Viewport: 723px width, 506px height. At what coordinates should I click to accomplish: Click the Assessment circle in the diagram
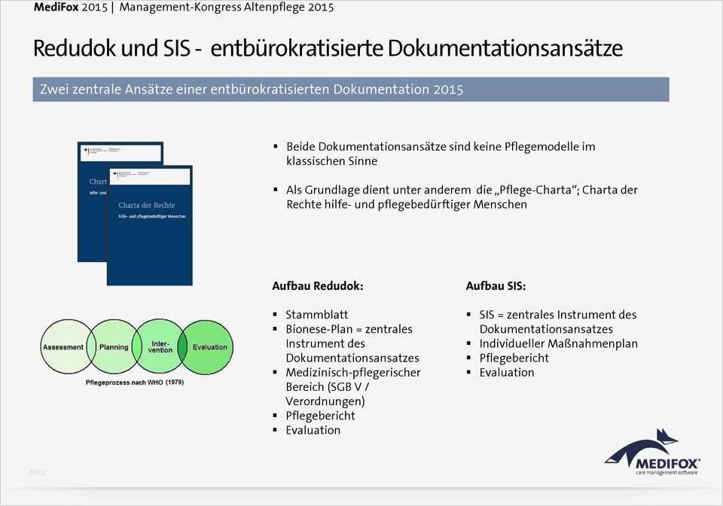pyautogui.click(x=63, y=347)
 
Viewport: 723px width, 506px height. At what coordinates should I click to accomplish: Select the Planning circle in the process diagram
pyautogui.click(x=114, y=347)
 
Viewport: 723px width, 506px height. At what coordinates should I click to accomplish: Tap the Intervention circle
pyautogui.click(x=160, y=346)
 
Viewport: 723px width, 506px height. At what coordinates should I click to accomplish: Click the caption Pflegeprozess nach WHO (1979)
pyautogui.click(x=135, y=383)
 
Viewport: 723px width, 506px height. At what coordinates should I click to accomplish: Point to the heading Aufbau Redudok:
pyautogui.click(x=317, y=287)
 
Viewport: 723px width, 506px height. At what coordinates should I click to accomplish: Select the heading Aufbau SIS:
pyautogui.click(x=496, y=287)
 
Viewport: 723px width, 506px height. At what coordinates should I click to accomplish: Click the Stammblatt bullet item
pyautogui.click(x=316, y=315)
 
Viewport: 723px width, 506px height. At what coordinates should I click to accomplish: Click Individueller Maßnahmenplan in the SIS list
pyautogui.click(x=558, y=343)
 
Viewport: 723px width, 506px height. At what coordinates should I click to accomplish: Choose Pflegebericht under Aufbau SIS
pyautogui.click(x=514, y=358)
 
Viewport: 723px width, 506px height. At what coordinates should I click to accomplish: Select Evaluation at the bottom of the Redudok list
pyautogui.click(x=313, y=430)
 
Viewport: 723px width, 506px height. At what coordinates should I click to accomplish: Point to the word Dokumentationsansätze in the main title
pyautogui.click(x=505, y=49)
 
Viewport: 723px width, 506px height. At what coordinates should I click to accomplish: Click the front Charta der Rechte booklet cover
pyautogui.click(x=149, y=225)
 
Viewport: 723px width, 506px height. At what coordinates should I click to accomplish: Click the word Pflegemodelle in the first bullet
pyautogui.click(x=541, y=147)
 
